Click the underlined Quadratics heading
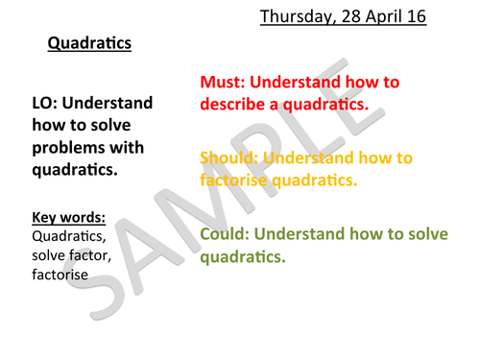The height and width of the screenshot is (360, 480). [88, 44]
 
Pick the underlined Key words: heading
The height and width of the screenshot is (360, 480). [67, 217]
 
